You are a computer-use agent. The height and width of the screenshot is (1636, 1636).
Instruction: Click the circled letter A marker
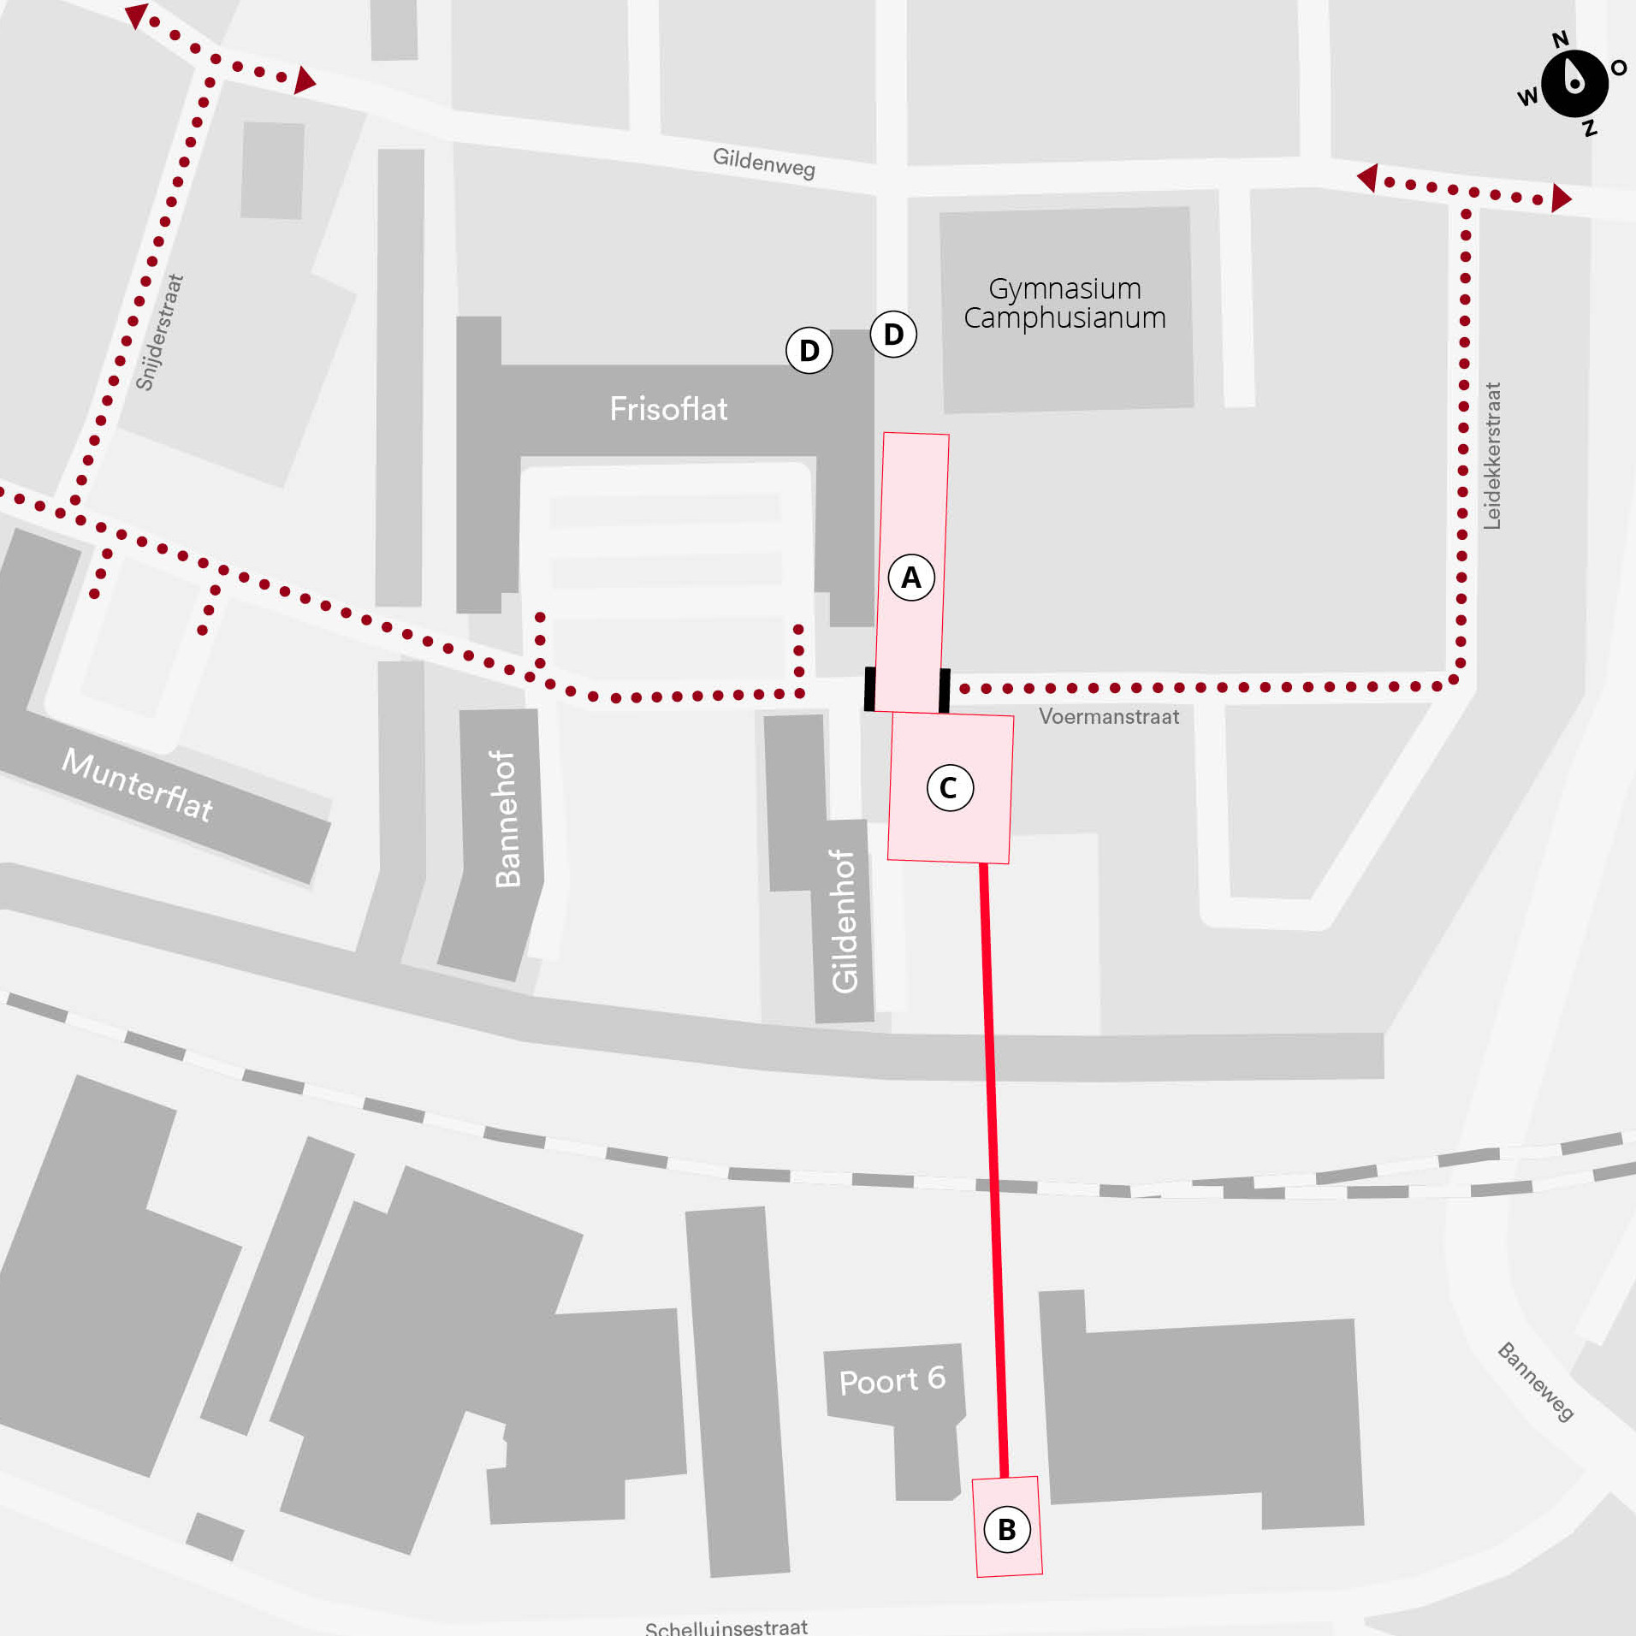(x=911, y=578)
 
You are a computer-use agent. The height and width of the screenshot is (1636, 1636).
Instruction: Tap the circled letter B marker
(x=1007, y=1529)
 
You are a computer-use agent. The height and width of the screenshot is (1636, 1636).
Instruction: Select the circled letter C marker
(x=950, y=787)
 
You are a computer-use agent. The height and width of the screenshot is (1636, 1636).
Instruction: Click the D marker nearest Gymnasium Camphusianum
(x=893, y=334)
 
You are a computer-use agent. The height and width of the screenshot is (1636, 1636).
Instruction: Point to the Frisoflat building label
(x=668, y=409)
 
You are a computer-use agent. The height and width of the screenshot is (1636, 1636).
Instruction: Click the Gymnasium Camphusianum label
(x=1064, y=303)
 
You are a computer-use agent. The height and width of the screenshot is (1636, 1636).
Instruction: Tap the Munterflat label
(x=138, y=785)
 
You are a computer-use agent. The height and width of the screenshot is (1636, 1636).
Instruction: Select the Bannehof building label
(x=507, y=819)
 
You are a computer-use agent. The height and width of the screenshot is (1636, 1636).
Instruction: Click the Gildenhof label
(x=844, y=921)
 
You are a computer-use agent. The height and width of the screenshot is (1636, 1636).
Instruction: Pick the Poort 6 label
(x=892, y=1380)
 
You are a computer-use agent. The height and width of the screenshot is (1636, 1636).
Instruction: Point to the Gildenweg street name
(x=763, y=161)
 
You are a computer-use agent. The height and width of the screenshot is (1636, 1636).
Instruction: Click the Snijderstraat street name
(x=160, y=332)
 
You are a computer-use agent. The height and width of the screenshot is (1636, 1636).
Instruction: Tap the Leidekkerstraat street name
(x=1492, y=455)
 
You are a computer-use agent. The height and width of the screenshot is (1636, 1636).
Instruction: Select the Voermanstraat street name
(x=1108, y=717)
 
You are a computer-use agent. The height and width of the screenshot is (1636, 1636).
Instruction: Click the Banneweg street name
(x=1535, y=1382)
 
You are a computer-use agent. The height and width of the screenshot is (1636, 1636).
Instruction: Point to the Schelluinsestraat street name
(x=726, y=1627)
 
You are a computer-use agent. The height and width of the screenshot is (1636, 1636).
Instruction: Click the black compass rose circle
(x=1574, y=83)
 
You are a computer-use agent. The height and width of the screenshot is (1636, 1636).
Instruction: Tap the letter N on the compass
(x=1561, y=39)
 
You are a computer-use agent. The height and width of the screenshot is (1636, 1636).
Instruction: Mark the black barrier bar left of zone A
(x=869, y=689)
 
